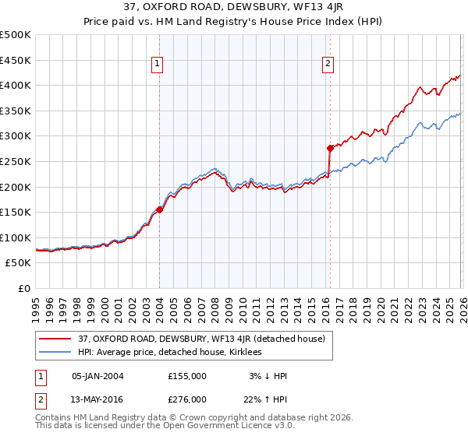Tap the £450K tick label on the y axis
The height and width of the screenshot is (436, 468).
tap(16, 60)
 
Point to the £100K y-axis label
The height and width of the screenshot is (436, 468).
tap(16, 237)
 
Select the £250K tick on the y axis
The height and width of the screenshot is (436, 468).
tap(16, 161)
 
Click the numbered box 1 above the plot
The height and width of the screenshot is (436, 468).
tap(158, 64)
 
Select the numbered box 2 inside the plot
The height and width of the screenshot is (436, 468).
tap(328, 64)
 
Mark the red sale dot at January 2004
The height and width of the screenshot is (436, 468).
tap(159, 209)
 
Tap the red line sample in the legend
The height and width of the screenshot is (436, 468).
tap(56, 339)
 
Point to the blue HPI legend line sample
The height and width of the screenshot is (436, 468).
tap(56, 352)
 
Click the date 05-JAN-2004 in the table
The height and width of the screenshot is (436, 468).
tap(97, 376)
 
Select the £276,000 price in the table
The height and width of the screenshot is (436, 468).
tap(187, 399)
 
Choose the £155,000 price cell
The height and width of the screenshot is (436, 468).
tap(187, 376)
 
